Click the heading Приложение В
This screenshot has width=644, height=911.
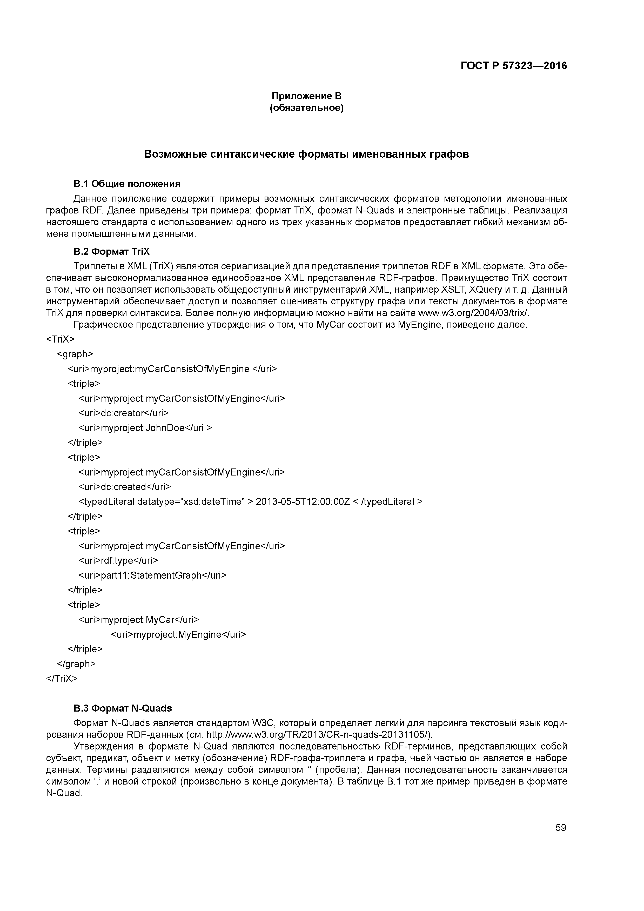(306, 96)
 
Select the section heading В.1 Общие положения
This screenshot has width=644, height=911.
(127, 184)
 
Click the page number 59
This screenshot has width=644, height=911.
(561, 828)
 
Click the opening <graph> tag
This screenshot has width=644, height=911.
(75, 354)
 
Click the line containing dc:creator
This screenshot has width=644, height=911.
(123, 413)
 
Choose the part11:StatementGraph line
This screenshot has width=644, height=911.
(152, 575)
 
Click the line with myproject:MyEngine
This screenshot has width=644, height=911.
(178, 634)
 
